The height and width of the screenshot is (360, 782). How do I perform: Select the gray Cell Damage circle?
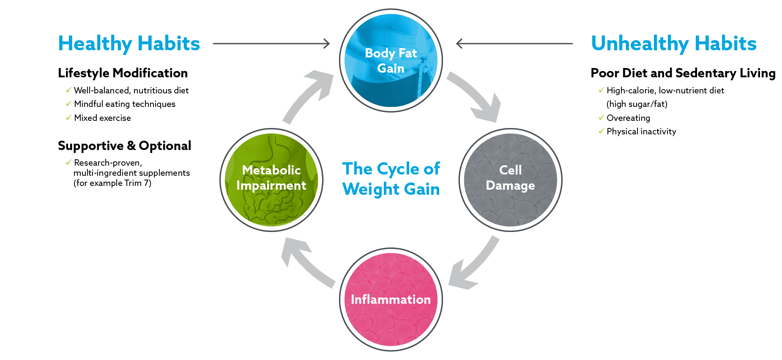pyautogui.click(x=511, y=180)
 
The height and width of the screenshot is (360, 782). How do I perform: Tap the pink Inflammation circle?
pyautogui.click(x=391, y=299)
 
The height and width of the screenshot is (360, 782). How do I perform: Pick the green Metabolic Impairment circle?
pyautogui.click(x=271, y=180)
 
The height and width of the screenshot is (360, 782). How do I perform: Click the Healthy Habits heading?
pyautogui.click(x=129, y=44)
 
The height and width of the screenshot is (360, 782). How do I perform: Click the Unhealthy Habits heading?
pyautogui.click(x=674, y=44)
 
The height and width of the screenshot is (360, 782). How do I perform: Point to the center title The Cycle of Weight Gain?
pyautogui.click(x=391, y=179)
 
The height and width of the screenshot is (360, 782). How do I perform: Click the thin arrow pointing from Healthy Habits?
pyautogui.click(x=271, y=43)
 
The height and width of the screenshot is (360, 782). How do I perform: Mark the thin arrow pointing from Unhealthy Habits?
pyautogui.click(x=514, y=43)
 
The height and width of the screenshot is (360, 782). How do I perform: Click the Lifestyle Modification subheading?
pyautogui.click(x=123, y=73)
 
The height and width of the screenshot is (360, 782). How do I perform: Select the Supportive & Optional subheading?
pyautogui.click(x=124, y=146)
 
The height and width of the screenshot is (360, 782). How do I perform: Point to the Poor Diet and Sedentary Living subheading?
pyautogui.click(x=683, y=73)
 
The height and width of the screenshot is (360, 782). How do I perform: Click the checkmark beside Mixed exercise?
pyautogui.click(x=68, y=117)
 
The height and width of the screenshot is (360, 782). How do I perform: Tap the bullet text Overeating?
pyautogui.click(x=628, y=118)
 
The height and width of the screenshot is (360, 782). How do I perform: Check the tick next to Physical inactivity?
pyautogui.click(x=601, y=131)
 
